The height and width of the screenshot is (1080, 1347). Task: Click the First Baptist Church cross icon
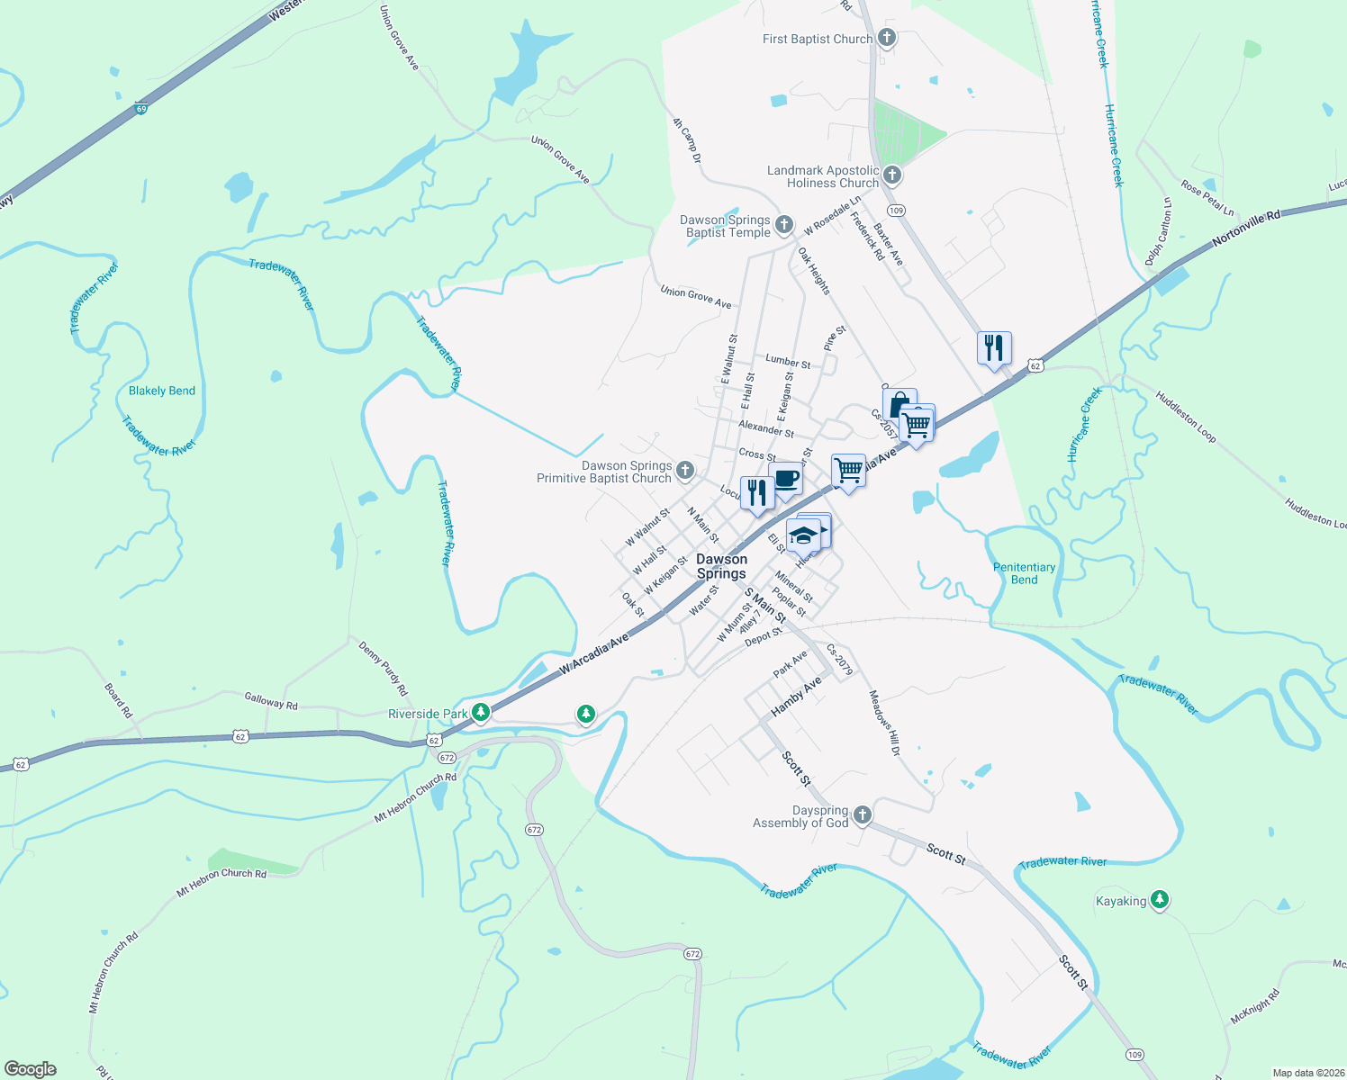pyautogui.click(x=887, y=38)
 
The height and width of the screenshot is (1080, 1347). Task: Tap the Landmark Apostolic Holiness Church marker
pyautogui.click(x=892, y=175)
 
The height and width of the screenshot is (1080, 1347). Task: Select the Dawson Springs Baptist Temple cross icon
pyautogui.click(x=784, y=224)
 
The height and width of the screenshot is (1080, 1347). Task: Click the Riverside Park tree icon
pyautogui.click(x=481, y=713)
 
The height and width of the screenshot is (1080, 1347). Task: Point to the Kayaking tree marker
pyautogui.click(x=1160, y=899)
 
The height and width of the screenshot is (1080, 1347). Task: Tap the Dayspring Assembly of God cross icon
pyautogui.click(x=862, y=815)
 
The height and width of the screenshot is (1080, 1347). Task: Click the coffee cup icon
pyautogui.click(x=786, y=479)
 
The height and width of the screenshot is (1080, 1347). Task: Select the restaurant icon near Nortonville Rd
pyautogui.click(x=994, y=347)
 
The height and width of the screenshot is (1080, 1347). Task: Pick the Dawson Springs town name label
pyautogui.click(x=721, y=566)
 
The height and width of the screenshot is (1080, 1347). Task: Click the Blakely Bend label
pyautogui.click(x=162, y=391)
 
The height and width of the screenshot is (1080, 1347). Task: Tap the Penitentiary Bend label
pyautogui.click(x=1024, y=573)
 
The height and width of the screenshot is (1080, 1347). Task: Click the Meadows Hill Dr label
pyautogui.click(x=884, y=723)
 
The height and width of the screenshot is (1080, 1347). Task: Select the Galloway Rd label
pyautogui.click(x=271, y=700)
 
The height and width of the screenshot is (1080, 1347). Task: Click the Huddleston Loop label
pyautogui.click(x=1186, y=417)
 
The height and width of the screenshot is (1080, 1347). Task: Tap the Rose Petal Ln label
pyautogui.click(x=1207, y=199)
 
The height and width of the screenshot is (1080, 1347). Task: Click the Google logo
pyautogui.click(x=31, y=1069)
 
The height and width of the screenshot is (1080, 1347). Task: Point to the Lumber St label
pyautogui.click(x=788, y=361)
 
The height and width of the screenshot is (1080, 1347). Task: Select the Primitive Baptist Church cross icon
pyautogui.click(x=685, y=470)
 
